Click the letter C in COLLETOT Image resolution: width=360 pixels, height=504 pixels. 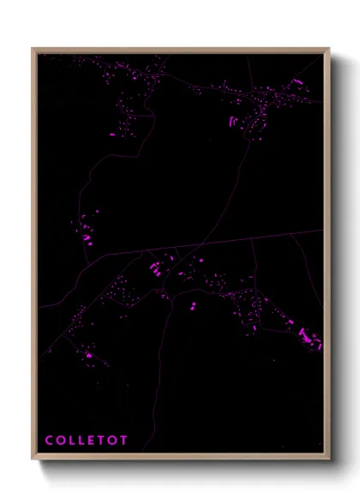pyautogui.click(x=49, y=441)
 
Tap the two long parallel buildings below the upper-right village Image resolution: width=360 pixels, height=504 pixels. pyautogui.click(x=231, y=122)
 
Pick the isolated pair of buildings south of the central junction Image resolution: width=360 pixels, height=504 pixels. pyautogui.click(x=193, y=305)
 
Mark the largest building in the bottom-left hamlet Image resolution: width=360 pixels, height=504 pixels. pyautogui.click(x=87, y=354)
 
